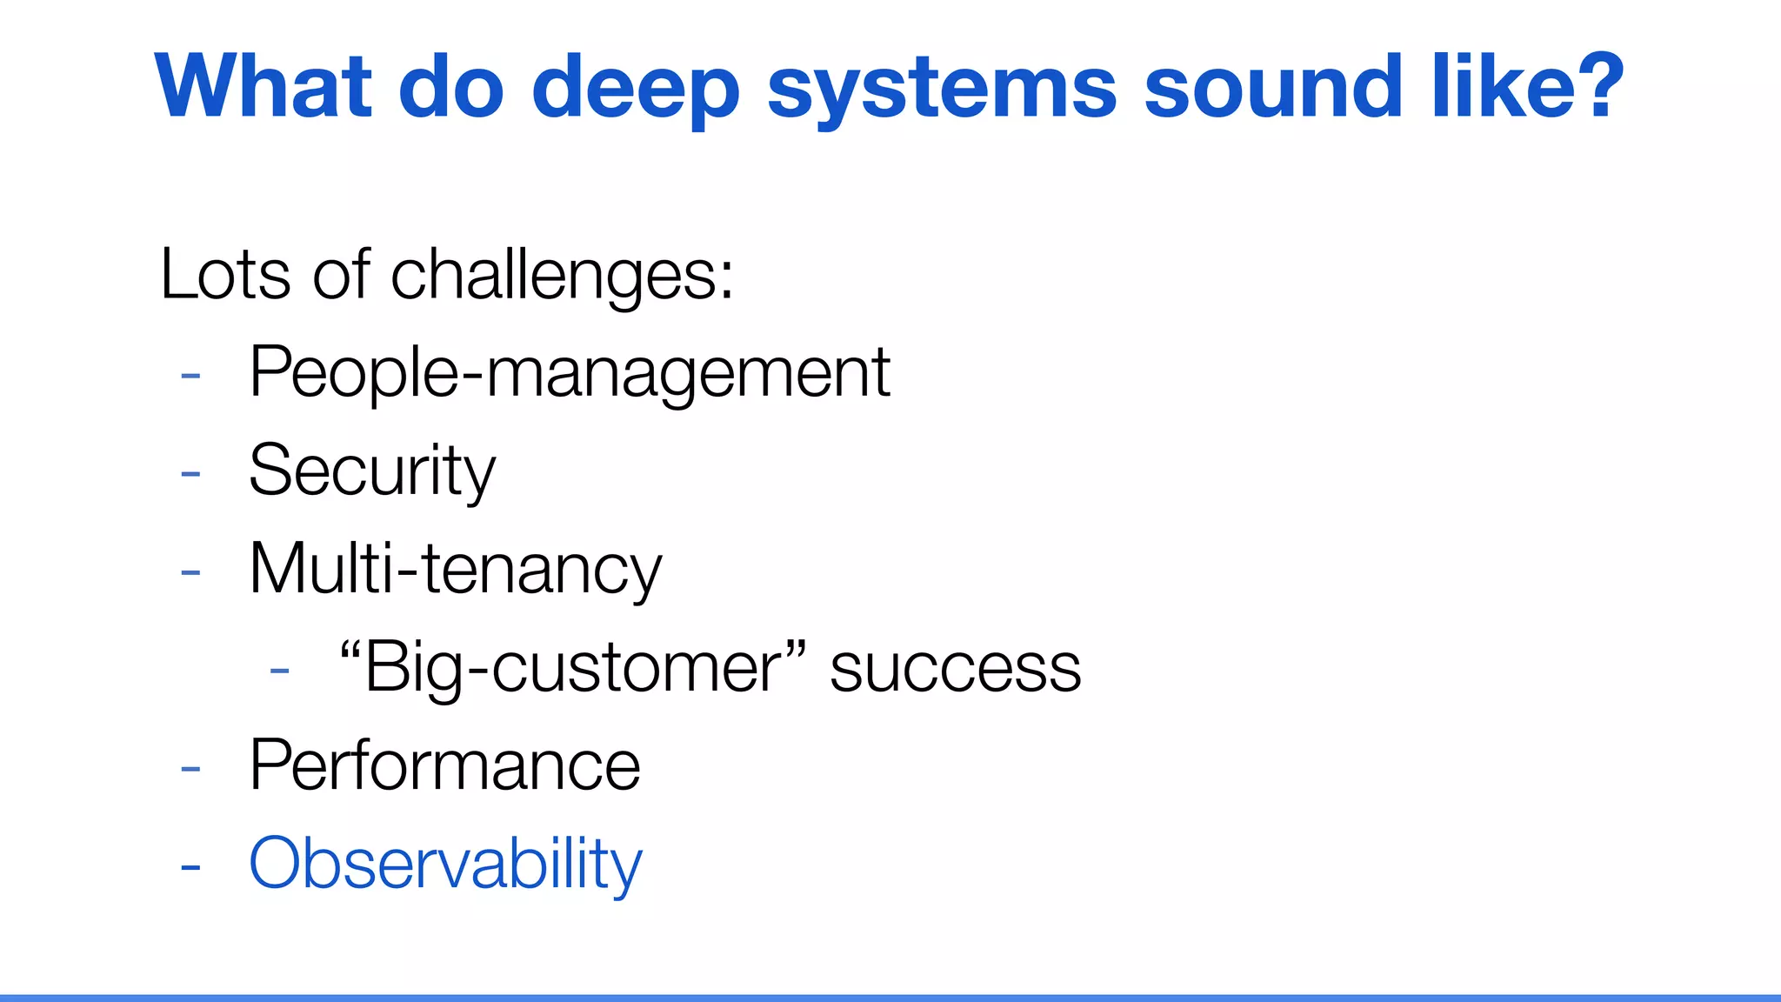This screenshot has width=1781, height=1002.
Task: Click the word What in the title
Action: click(x=263, y=87)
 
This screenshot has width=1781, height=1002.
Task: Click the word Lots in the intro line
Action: click(x=225, y=275)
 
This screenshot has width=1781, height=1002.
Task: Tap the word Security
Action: click(x=371, y=471)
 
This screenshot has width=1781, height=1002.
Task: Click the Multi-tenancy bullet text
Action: click(x=455, y=570)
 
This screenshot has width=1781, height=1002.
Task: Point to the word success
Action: click(x=955, y=670)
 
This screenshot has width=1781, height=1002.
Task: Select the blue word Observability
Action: click(x=445, y=865)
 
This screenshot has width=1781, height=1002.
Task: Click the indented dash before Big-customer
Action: click(x=279, y=671)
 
